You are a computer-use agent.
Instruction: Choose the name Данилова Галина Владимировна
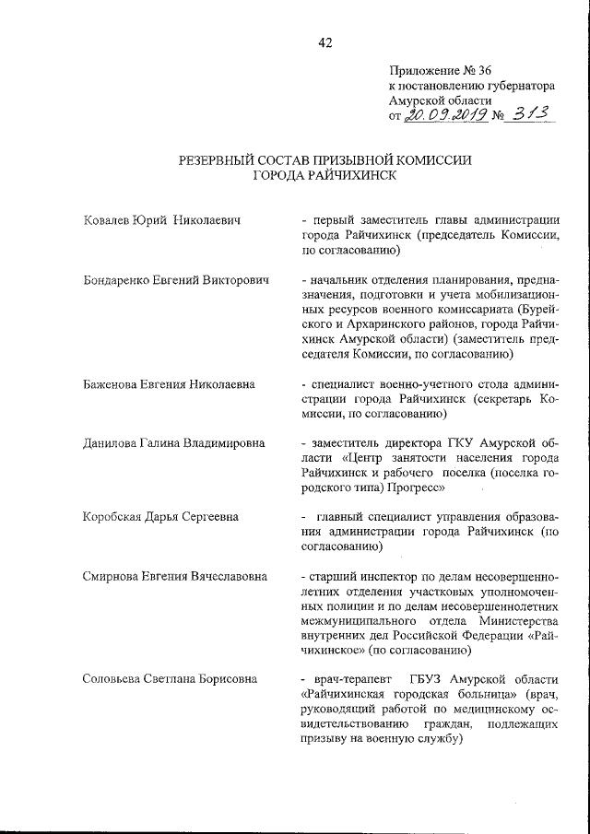[173, 443]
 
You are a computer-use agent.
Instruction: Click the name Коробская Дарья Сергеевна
[160, 517]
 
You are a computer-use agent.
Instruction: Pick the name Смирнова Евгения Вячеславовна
[175, 576]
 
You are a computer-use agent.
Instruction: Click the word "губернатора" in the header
[516, 84]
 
